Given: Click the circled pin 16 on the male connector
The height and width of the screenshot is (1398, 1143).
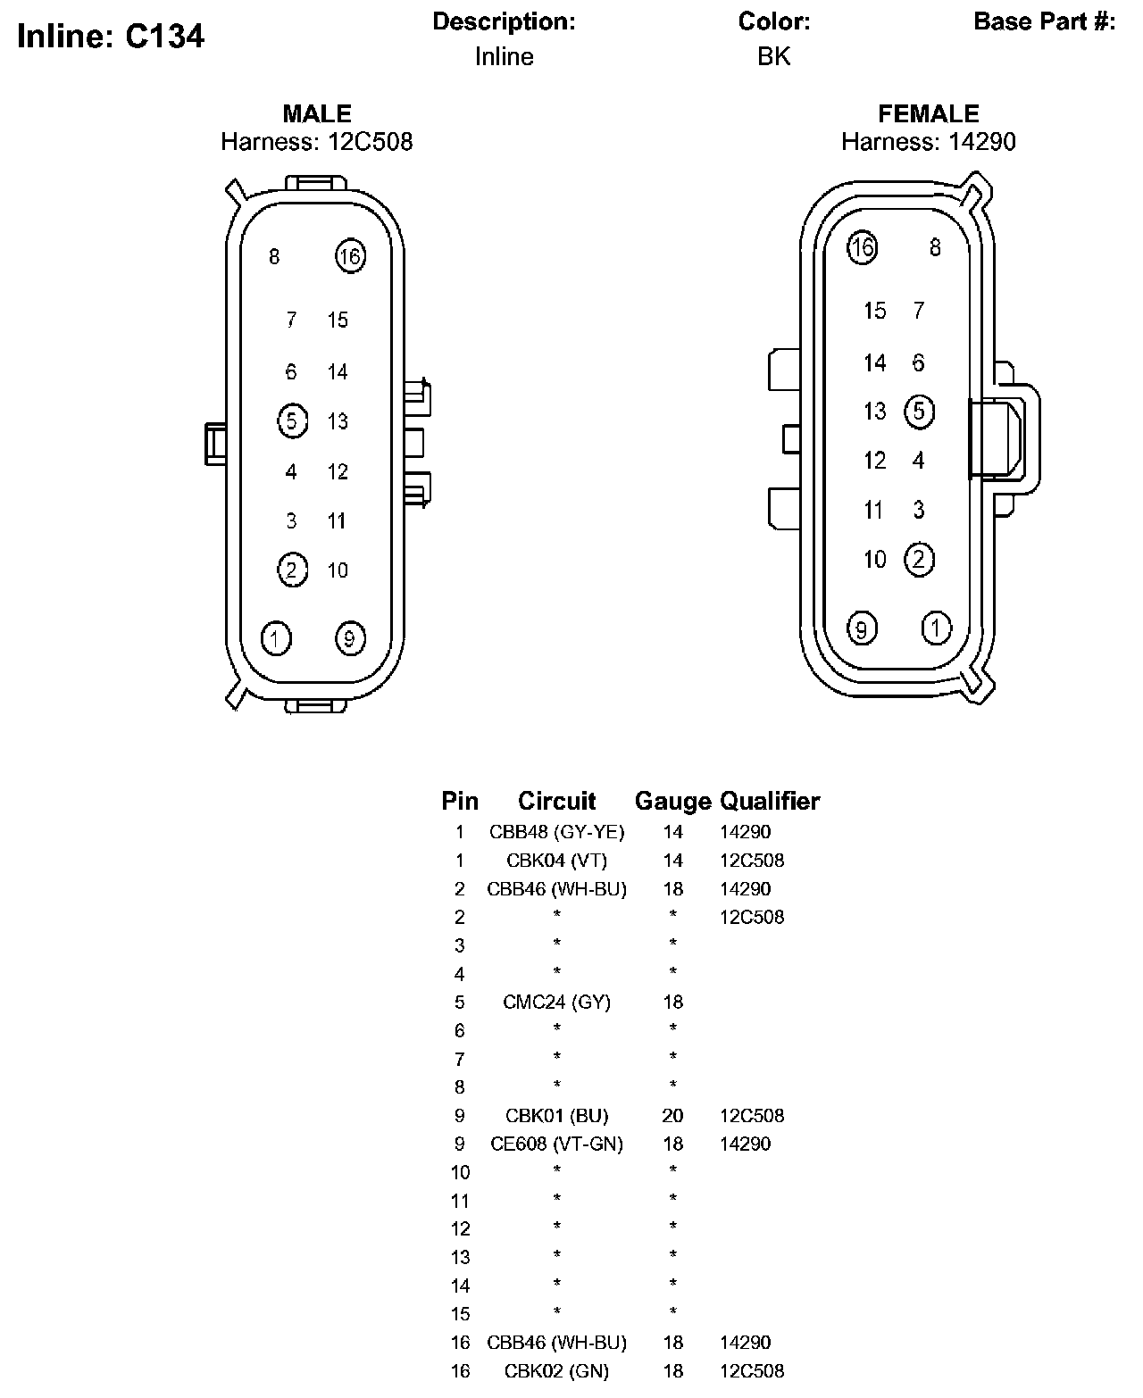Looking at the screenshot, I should [350, 257].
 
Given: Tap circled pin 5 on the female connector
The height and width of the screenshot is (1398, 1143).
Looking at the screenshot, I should [920, 411].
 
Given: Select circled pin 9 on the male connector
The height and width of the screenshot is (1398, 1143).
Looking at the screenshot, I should [349, 638].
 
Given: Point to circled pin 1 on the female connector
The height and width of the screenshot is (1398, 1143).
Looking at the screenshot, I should [936, 628].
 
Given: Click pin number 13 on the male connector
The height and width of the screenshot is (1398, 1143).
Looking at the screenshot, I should [338, 421].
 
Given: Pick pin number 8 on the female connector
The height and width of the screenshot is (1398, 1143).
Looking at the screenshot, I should [935, 247].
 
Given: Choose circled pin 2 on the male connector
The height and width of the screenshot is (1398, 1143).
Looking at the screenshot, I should [292, 570].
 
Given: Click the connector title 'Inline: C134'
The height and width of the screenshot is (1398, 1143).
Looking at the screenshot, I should [111, 36].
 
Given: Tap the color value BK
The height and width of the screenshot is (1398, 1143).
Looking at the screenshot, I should [773, 56].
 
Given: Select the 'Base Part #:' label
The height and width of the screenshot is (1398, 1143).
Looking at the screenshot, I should [1044, 21].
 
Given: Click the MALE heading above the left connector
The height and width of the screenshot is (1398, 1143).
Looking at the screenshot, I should [317, 113].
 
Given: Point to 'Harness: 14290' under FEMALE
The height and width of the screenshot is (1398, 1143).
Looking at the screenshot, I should [928, 142].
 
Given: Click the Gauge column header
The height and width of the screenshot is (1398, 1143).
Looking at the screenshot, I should [672, 801].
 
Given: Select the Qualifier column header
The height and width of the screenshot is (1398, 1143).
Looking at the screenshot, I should [770, 801].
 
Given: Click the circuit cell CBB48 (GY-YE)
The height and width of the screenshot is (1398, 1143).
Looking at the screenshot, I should [556, 832].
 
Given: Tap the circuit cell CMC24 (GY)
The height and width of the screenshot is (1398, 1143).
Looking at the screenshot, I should [556, 1002].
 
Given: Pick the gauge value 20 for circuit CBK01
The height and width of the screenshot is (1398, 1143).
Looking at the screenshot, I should [672, 1115].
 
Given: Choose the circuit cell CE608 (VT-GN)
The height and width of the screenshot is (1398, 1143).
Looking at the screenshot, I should [556, 1144].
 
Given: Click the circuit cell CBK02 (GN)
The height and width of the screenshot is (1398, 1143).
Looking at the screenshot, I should [556, 1370].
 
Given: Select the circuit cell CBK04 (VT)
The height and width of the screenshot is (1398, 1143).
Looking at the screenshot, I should [556, 861].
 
